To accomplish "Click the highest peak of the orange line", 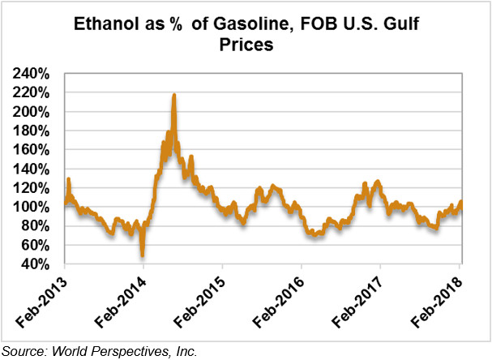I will [174, 96].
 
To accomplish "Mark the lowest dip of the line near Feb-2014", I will [143, 254].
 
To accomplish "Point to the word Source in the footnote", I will [24, 351].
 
